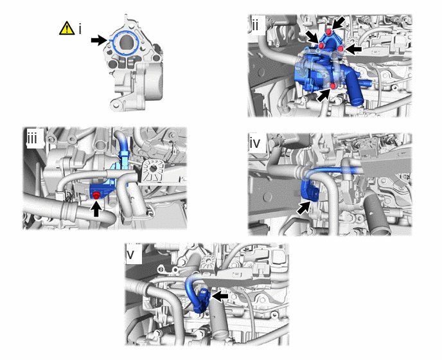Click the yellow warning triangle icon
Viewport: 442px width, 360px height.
click(67, 28)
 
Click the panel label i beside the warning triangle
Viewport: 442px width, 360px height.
click(80, 29)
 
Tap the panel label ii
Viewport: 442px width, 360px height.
click(255, 26)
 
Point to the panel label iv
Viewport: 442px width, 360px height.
click(256, 143)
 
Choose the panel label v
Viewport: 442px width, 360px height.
click(130, 255)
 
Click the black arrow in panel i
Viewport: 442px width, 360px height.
click(99, 40)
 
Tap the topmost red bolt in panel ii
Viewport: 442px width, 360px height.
click(328, 32)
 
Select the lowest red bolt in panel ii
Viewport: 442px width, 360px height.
click(333, 85)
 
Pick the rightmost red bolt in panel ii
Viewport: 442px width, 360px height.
click(340, 49)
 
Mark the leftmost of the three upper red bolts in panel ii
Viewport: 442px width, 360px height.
click(321, 46)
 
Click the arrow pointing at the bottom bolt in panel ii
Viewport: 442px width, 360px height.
click(324, 94)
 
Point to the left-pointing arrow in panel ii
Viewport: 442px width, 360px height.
click(353, 50)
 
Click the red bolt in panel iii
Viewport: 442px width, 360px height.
click(96, 195)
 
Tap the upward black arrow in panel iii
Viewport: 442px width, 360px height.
click(96, 208)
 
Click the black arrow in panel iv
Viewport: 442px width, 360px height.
click(304, 208)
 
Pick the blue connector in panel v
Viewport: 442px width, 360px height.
click(203, 300)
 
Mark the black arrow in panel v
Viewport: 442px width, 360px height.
click(220, 296)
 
